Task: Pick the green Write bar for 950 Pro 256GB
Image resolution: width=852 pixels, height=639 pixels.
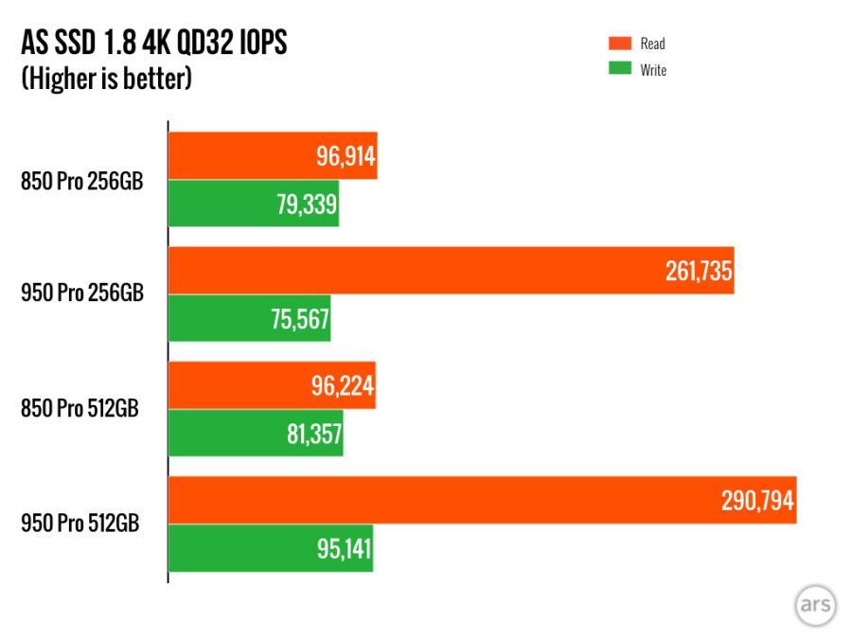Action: [x=218, y=318]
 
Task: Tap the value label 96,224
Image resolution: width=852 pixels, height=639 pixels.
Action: [x=342, y=386]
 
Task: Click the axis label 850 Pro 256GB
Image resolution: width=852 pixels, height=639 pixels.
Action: [x=82, y=180]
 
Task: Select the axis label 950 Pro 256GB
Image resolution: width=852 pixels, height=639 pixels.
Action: [x=82, y=294]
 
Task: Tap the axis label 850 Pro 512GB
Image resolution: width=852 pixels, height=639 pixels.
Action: [x=82, y=409]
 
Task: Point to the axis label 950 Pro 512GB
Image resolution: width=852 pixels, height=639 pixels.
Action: [x=82, y=524]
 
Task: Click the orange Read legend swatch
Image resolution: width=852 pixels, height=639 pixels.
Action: [x=619, y=43]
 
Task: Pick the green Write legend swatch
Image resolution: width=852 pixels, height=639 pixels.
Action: [x=619, y=69]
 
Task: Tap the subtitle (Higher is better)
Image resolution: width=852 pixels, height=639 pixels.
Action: [x=107, y=79]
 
